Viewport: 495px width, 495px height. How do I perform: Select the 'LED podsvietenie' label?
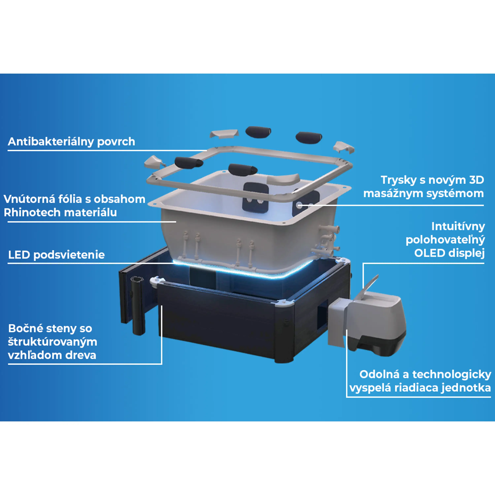[56, 255]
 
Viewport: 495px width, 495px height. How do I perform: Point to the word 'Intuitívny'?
[458, 227]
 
